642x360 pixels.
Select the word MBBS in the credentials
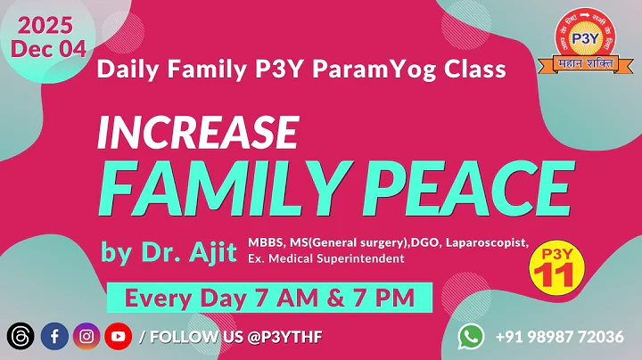pyautogui.click(x=268, y=243)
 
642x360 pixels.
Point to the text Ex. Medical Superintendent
pyautogui.click(x=326, y=258)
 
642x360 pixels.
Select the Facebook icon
pyautogui.click(x=55, y=336)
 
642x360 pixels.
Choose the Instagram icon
pyautogui.click(x=86, y=336)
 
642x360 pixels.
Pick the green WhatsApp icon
pyautogui.click(x=471, y=336)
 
